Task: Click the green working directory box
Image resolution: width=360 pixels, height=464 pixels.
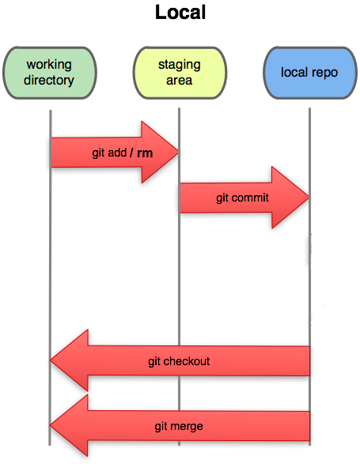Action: pos(49,72)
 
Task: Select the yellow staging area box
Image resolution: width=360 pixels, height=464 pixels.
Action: pos(179,72)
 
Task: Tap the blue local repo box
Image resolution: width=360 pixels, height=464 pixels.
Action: pos(309,72)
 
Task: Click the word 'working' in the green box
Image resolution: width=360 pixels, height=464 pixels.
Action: pos(49,65)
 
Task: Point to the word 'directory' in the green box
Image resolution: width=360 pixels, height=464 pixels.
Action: pos(49,80)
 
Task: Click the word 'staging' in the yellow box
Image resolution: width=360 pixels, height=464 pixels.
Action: pos(180,65)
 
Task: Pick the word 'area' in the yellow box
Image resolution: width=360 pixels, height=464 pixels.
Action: pos(180,80)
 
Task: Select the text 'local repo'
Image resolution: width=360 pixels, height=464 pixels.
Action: pos(309,73)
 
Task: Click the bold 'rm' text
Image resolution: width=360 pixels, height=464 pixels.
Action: pos(145,153)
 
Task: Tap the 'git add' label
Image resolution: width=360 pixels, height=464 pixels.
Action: pos(108,153)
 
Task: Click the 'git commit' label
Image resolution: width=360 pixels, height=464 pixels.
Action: pos(242,198)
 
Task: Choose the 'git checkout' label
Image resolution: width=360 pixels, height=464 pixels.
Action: pos(179,361)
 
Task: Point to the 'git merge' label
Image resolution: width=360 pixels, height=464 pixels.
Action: pos(179,426)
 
